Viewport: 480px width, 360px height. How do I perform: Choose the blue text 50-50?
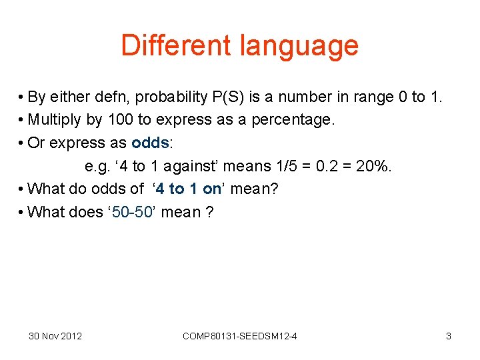(x=135, y=212)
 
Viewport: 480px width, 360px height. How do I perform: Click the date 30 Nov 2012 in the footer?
(x=55, y=336)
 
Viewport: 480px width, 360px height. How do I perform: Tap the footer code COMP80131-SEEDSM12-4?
(x=239, y=336)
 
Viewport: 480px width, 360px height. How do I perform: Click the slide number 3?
(x=449, y=336)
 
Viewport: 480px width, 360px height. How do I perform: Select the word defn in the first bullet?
(x=113, y=97)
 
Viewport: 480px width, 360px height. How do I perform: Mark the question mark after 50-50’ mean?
(x=209, y=212)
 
